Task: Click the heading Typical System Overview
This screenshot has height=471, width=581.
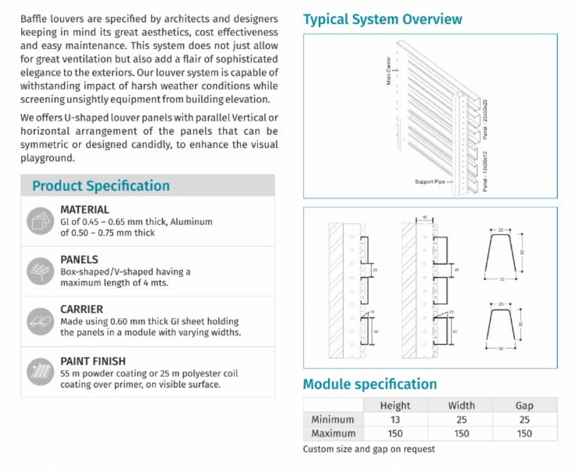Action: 382,19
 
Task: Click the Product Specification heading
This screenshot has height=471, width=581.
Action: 101,186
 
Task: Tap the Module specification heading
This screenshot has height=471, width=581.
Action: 370,384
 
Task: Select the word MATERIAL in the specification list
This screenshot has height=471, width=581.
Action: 85,210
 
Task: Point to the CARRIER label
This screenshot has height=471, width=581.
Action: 81,309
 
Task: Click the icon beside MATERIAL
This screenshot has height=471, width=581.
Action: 39,221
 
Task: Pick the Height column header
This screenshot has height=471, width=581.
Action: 395,405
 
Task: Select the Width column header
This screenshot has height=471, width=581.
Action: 461,405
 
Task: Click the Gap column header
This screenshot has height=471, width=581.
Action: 524,405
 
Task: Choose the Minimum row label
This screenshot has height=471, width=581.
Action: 332,419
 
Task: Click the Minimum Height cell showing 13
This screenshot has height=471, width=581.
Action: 395,419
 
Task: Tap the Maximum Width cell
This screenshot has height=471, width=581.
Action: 461,433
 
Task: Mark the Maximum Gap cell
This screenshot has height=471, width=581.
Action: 524,433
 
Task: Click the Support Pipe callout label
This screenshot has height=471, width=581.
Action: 430,182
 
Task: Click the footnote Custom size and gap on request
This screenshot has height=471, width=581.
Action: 369,449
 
